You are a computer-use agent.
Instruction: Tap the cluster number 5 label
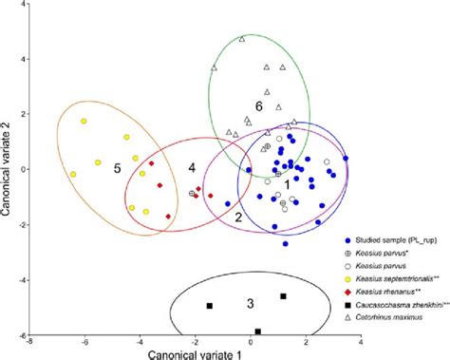click(118, 168)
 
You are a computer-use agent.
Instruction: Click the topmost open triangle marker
click(242, 39)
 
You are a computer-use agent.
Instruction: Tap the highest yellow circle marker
click(84, 122)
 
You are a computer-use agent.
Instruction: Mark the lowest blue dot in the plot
click(285, 244)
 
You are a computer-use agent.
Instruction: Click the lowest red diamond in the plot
click(168, 217)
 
